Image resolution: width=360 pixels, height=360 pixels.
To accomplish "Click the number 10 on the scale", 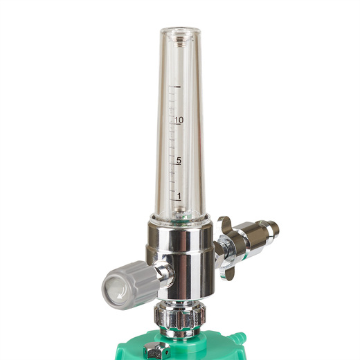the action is (179, 120).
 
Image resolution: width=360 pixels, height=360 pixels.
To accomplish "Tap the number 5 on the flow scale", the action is (179, 160).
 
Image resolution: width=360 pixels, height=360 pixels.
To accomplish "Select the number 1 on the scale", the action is (179, 196).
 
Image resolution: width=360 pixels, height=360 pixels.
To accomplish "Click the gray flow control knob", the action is (131, 285).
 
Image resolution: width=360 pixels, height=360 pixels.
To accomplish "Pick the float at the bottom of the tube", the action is (180, 210).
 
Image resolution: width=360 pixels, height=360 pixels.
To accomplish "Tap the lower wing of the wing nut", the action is (226, 272).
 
